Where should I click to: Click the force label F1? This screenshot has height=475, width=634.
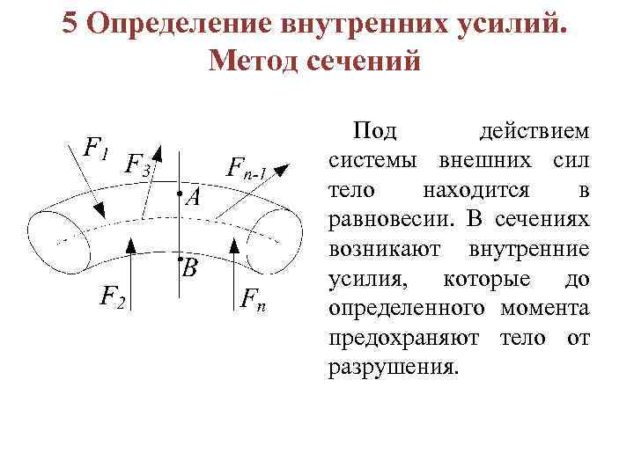click(95, 149)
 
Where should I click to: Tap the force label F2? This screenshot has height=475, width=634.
click(113, 298)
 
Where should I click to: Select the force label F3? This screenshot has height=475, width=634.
click(138, 164)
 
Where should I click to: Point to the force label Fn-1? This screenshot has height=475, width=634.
click(247, 166)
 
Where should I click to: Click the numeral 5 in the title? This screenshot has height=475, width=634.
click(73, 24)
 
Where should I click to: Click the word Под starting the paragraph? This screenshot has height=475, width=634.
click(374, 132)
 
